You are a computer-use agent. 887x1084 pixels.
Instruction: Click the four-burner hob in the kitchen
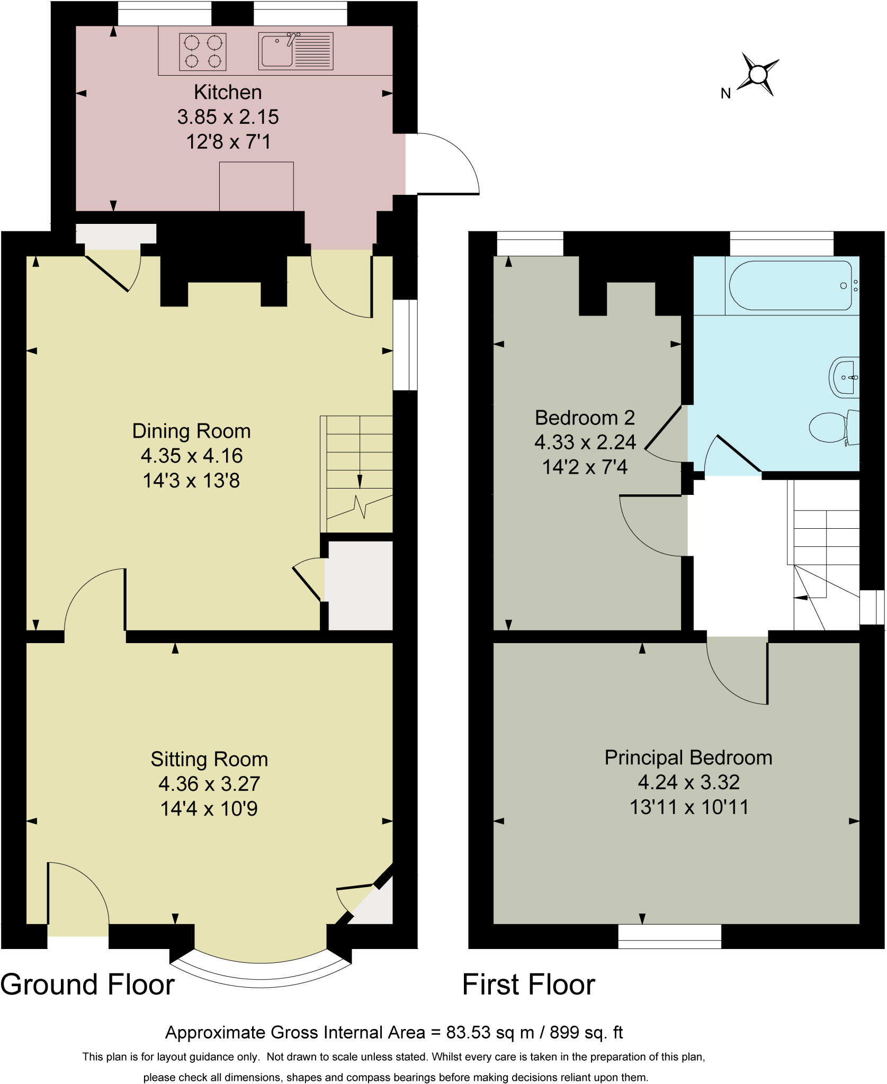point(202,52)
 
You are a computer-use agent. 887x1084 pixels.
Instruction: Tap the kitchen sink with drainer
point(295,51)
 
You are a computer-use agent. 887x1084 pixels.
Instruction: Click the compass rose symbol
point(759,74)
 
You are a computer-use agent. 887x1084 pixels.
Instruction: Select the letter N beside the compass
point(725,94)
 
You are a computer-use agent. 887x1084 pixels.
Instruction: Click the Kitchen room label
point(228,92)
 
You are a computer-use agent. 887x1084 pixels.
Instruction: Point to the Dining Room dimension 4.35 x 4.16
point(191,456)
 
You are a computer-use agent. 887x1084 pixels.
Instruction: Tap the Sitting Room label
point(209,759)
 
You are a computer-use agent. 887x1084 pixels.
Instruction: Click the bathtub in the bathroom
point(790,285)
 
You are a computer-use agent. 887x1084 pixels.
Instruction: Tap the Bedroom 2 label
point(585,418)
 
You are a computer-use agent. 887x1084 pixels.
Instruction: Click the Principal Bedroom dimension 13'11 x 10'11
point(689,807)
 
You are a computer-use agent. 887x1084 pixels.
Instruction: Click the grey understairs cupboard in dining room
point(359,585)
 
